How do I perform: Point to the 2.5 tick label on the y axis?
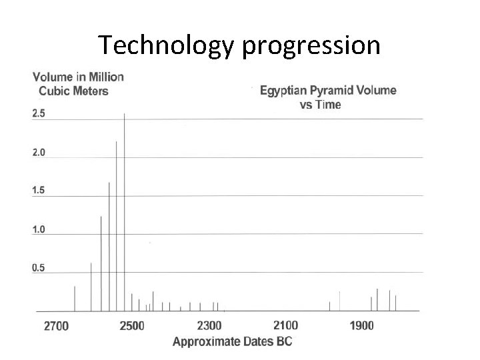coord(39,114)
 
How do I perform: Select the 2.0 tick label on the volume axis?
coord(39,152)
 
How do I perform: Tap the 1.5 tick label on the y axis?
coord(39,191)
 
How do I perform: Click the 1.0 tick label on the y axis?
coord(39,229)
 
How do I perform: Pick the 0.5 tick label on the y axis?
coord(39,268)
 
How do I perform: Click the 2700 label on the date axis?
coord(56,327)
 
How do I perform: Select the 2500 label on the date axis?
coord(132,327)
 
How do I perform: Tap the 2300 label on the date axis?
coord(209,327)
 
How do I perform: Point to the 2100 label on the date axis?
coord(286,326)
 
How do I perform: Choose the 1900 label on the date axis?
coord(362,327)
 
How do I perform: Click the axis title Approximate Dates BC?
coord(232,341)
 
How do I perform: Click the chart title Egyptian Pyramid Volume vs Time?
coord(327,97)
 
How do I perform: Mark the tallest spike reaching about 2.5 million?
coord(125,213)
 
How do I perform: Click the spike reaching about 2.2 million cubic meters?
coord(117,227)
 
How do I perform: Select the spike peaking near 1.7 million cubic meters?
coord(109,247)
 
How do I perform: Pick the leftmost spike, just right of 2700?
coord(74,299)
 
